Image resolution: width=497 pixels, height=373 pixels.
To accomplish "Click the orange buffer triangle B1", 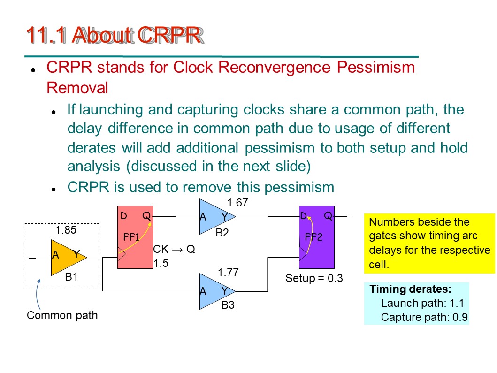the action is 67,257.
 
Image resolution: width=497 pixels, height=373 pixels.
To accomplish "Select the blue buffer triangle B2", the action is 215,217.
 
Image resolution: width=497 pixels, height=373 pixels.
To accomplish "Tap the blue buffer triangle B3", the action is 215,291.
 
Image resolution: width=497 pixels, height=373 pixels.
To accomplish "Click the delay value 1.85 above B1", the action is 66,230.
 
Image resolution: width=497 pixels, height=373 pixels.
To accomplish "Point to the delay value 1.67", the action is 238,203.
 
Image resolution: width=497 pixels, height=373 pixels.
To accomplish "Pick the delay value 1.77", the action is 228,273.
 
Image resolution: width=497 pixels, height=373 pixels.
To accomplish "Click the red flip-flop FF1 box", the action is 135,237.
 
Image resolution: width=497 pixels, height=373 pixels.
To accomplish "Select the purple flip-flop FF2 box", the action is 317,237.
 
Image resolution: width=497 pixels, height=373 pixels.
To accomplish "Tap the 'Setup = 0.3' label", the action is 314,278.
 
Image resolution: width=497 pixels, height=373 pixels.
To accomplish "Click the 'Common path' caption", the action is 62,315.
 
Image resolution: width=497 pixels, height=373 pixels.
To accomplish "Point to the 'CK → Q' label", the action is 174,249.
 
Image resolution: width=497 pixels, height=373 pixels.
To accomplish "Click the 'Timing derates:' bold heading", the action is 411,289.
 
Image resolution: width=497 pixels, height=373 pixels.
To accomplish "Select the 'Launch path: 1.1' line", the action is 422,303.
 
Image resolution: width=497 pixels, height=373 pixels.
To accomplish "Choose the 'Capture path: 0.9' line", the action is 424,317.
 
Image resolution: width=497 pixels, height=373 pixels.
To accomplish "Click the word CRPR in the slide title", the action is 170,35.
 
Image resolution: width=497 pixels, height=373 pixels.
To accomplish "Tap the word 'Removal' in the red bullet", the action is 77,88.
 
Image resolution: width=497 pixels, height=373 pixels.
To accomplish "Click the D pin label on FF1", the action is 123,216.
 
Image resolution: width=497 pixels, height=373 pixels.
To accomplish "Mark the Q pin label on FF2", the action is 328,216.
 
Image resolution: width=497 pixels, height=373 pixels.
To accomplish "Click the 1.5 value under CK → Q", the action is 161,263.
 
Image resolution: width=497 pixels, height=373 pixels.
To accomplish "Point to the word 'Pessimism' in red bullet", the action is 376,67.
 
